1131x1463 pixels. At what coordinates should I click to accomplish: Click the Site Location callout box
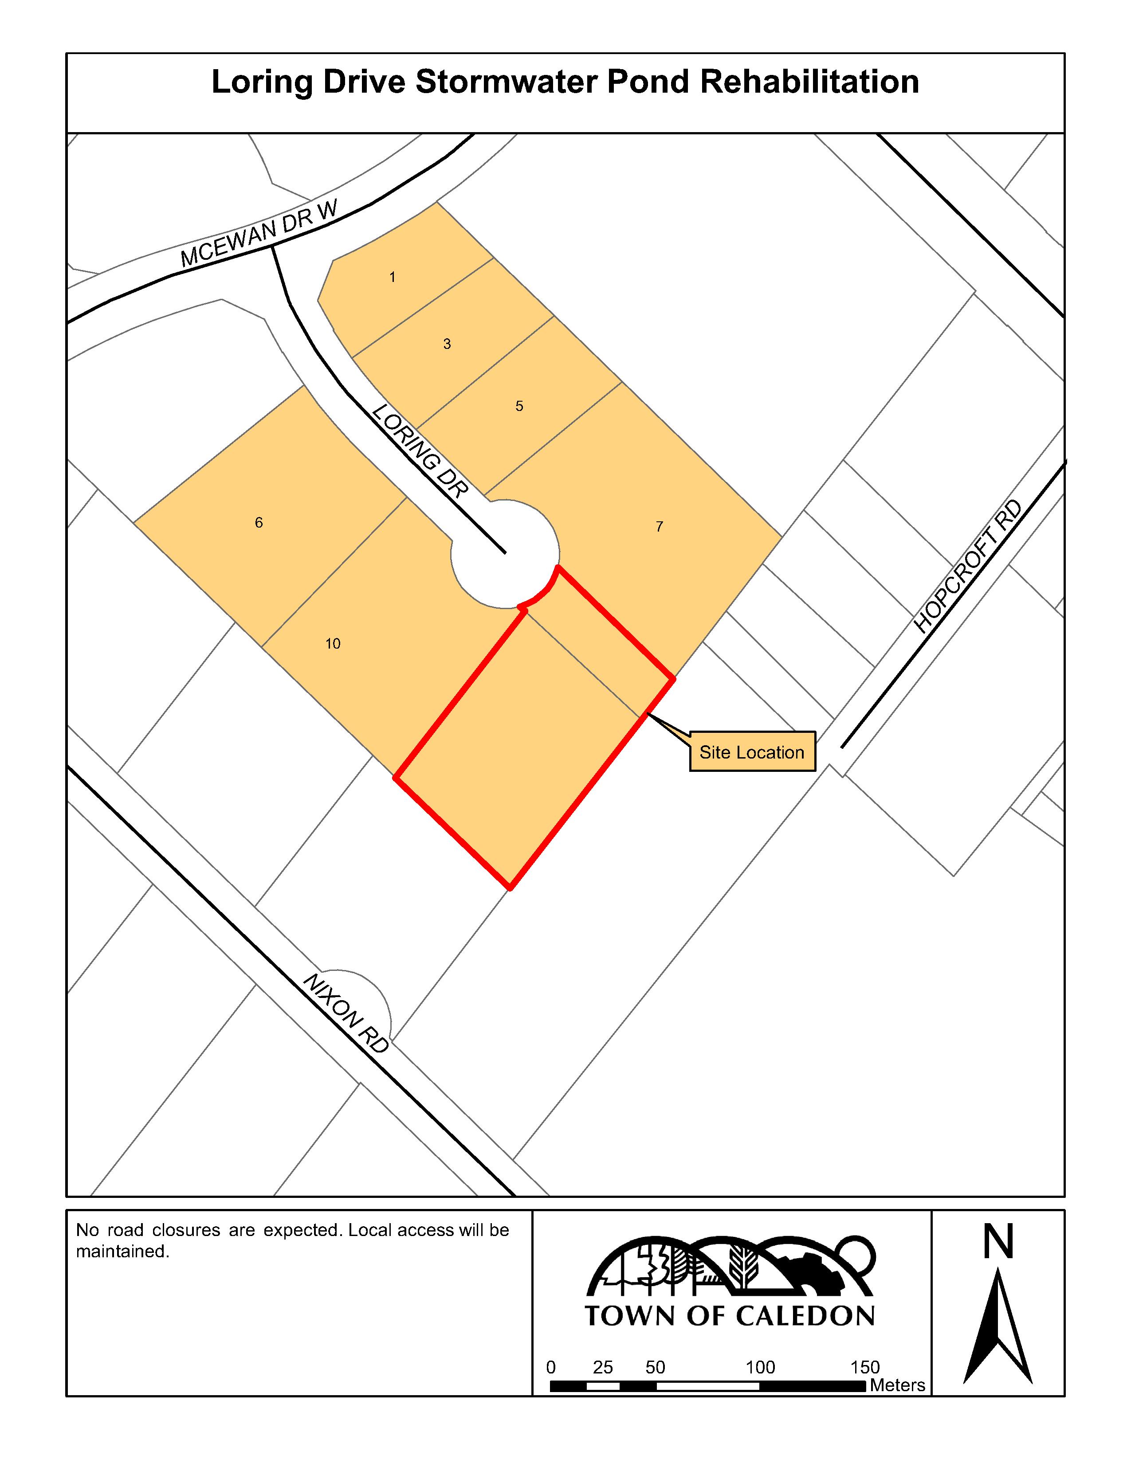pos(752,751)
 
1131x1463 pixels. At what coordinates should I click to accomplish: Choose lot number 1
pos(393,277)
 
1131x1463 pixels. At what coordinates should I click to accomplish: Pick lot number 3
pos(447,344)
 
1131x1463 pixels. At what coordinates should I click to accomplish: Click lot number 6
pos(259,523)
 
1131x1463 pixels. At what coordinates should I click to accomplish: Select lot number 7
pos(659,527)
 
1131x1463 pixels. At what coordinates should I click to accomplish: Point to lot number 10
pos(333,644)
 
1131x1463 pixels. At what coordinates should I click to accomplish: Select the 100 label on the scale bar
pos(761,1367)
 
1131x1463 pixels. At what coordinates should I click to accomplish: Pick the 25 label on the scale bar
pos(603,1367)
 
